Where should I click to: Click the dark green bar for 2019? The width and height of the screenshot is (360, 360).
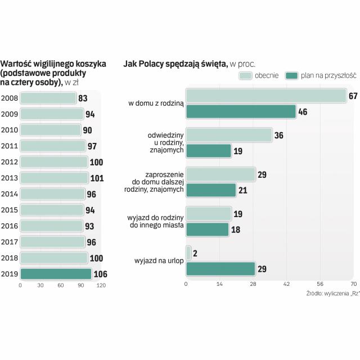[x=55, y=274]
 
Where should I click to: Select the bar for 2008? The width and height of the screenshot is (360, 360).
[x=48, y=98]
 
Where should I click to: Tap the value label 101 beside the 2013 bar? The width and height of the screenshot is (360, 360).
[x=96, y=178]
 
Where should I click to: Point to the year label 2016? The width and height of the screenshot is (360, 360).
[x=9, y=226]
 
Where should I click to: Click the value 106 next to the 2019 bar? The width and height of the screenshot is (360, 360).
[x=100, y=274]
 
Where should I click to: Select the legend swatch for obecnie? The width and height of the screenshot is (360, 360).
[x=246, y=76]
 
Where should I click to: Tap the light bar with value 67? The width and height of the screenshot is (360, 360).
[x=265, y=96]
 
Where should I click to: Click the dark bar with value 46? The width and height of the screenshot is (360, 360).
[x=240, y=111]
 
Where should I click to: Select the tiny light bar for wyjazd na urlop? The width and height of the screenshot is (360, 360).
[x=188, y=253]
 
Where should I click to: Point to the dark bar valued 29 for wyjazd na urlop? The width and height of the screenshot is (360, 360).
[x=220, y=269]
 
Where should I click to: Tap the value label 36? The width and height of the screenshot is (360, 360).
[x=278, y=135]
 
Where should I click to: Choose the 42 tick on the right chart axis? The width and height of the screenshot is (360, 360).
[x=286, y=284]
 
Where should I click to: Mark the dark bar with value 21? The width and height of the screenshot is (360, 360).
[x=211, y=190]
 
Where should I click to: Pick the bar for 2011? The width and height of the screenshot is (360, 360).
[x=52, y=146]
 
